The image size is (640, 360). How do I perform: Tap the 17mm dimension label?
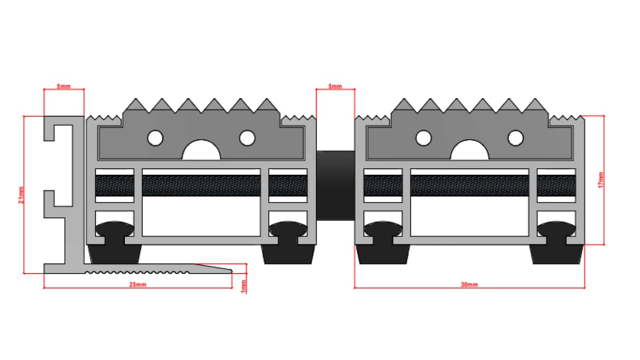[x=601, y=180]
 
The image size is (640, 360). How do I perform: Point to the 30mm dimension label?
[x=469, y=285]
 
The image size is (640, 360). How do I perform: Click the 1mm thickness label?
[x=244, y=286]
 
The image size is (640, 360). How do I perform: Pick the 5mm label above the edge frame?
[x=63, y=87]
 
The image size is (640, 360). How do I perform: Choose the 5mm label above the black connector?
[x=335, y=87]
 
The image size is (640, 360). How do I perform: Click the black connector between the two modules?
[x=335, y=185]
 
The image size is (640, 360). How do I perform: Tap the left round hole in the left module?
[x=155, y=138]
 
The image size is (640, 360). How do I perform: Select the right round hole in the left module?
[x=247, y=138]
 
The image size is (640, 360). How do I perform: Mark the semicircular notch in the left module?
[x=201, y=151]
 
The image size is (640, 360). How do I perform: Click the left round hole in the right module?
[x=423, y=138]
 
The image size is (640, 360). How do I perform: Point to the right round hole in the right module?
[x=515, y=138]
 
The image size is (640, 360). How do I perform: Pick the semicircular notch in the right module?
[x=469, y=151]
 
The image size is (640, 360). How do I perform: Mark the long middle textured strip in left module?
[x=201, y=186]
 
